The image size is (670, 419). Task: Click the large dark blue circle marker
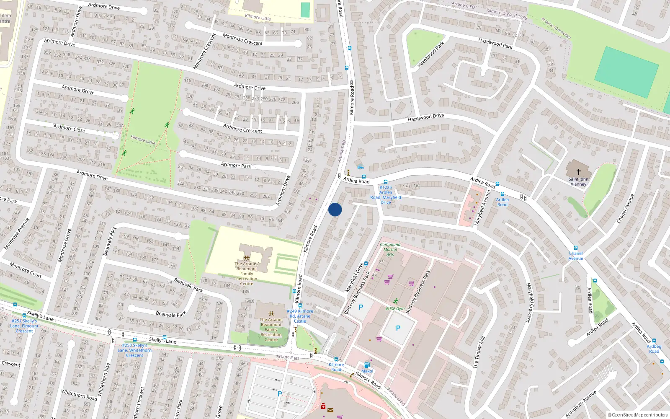click(x=335, y=209)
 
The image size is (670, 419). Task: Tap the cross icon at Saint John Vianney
click(x=579, y=172)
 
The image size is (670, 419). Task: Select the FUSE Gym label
click(x=395, y=309)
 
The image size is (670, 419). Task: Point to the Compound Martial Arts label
click(x=390, y=249)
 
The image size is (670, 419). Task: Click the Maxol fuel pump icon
click(x=367, y=365)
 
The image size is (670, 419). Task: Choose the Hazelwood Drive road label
click(x=426, y=118)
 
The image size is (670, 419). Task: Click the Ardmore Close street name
click(x=69, y=128)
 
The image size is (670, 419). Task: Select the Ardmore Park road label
click(x=236, y=165)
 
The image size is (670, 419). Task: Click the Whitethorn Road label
click(x=79, y=395)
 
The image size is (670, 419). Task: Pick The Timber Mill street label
click(x=479, y=352)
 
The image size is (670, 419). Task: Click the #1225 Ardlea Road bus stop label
click(x=386, y=195)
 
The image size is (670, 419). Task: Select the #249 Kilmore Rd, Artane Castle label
click(x=300, y=316)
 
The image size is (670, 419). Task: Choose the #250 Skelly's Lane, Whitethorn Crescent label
click(x=134, y=350)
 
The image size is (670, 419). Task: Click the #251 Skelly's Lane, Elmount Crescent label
click(x=24, y=326)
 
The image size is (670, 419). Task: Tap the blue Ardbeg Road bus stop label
click(x=654, y=349)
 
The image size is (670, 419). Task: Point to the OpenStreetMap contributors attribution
click(x=640, y=415)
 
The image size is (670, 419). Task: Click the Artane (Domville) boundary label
click(x=556, y=28)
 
